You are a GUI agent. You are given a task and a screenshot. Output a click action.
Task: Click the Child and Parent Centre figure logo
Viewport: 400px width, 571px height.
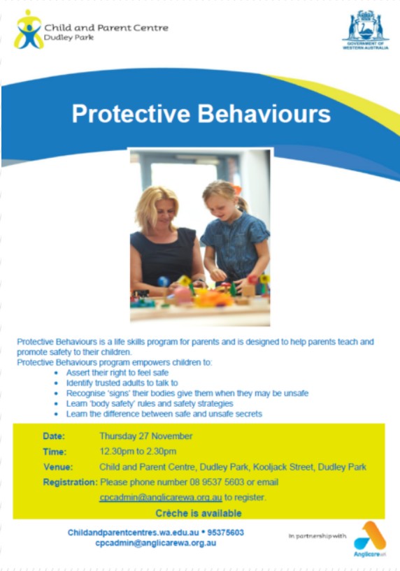pos(29,29)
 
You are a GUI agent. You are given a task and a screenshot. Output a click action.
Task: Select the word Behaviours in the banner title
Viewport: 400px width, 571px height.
pos(264,114)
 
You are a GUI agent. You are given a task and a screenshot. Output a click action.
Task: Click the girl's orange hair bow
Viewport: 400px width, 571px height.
pos(237,189)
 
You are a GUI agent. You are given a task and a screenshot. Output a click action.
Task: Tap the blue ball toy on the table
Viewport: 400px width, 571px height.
pos(163,282)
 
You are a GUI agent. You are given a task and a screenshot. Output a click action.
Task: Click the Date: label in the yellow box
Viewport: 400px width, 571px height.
pos(54,436)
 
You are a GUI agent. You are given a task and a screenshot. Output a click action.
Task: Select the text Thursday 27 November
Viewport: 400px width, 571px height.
pos(145,436)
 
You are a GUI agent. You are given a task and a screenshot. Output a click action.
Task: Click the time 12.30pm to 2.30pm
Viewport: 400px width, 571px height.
pos(138,451)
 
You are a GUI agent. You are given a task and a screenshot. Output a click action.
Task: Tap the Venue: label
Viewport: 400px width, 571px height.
pos(58,467)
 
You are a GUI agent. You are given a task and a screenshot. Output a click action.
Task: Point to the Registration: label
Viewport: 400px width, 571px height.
pos(71,482)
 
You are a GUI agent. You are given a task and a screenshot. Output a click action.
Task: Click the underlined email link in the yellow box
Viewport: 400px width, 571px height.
pos(161,498)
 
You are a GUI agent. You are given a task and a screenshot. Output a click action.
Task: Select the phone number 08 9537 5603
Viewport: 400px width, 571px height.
pos(217,482)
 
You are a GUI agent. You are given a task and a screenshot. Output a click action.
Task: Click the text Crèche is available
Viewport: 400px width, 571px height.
pos(199,513)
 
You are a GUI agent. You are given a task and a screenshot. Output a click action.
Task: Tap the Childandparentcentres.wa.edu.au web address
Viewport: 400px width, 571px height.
pos(134,533)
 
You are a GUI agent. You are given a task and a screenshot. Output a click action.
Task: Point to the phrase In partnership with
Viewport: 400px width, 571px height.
pos(317,536)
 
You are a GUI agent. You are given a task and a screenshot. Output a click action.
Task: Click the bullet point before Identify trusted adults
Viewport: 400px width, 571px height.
pos(56,383)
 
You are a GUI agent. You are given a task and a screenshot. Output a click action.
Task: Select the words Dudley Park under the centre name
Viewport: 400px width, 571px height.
pos(69,37)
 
